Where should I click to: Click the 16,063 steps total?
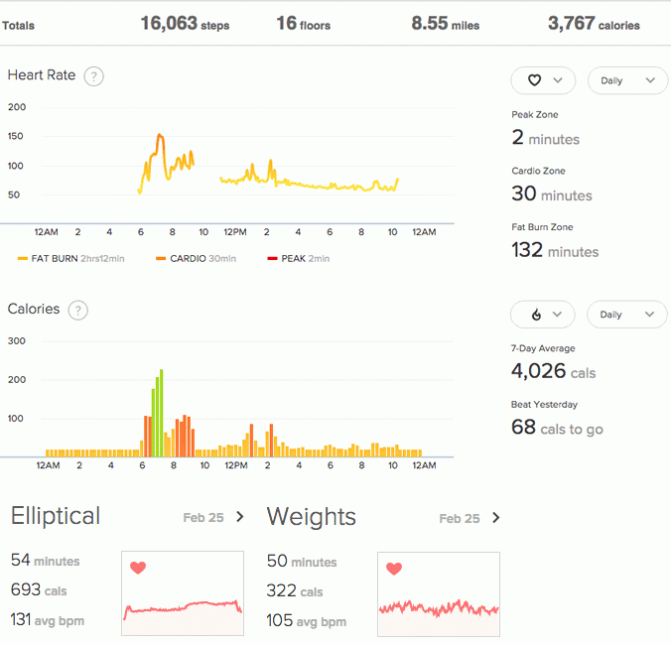click(184, 23)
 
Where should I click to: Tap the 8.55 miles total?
click(445, 23)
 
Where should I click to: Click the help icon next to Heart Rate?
click(94, 76)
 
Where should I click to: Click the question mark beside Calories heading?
click(77, 310)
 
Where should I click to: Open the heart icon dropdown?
click(542, 80)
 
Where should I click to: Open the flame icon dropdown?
click(542, 315)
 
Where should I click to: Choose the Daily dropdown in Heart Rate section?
click(627, 80)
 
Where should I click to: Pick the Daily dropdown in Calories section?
click(627, 315)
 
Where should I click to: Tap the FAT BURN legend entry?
click(69, 259)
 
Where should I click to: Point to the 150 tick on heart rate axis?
click(15, 136)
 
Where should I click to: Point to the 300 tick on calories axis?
click(15, 340)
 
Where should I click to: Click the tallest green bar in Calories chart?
click(161, 413)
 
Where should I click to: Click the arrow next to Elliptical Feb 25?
click(240, 517)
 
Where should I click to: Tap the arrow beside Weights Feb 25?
click(496, 517)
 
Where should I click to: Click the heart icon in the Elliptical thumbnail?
click(138, 568)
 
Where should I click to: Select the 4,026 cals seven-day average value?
click(554, 372)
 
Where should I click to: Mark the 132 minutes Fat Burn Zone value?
click(555, 250)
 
